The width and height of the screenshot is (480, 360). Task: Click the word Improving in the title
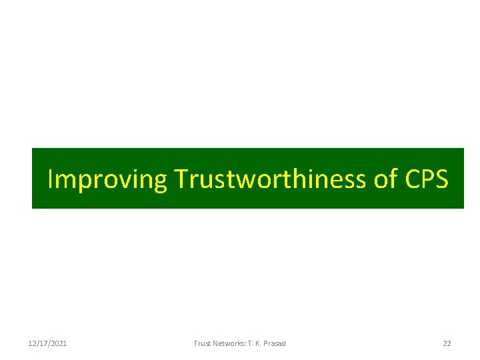[107, 179]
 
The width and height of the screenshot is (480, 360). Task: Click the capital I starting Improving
[51, 179]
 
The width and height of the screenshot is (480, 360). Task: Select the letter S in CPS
[441, 179]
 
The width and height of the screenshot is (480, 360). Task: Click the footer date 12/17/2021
[47, 343]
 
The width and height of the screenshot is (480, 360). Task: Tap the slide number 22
[447, 343]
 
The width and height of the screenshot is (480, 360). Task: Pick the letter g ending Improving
[159, 181]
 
